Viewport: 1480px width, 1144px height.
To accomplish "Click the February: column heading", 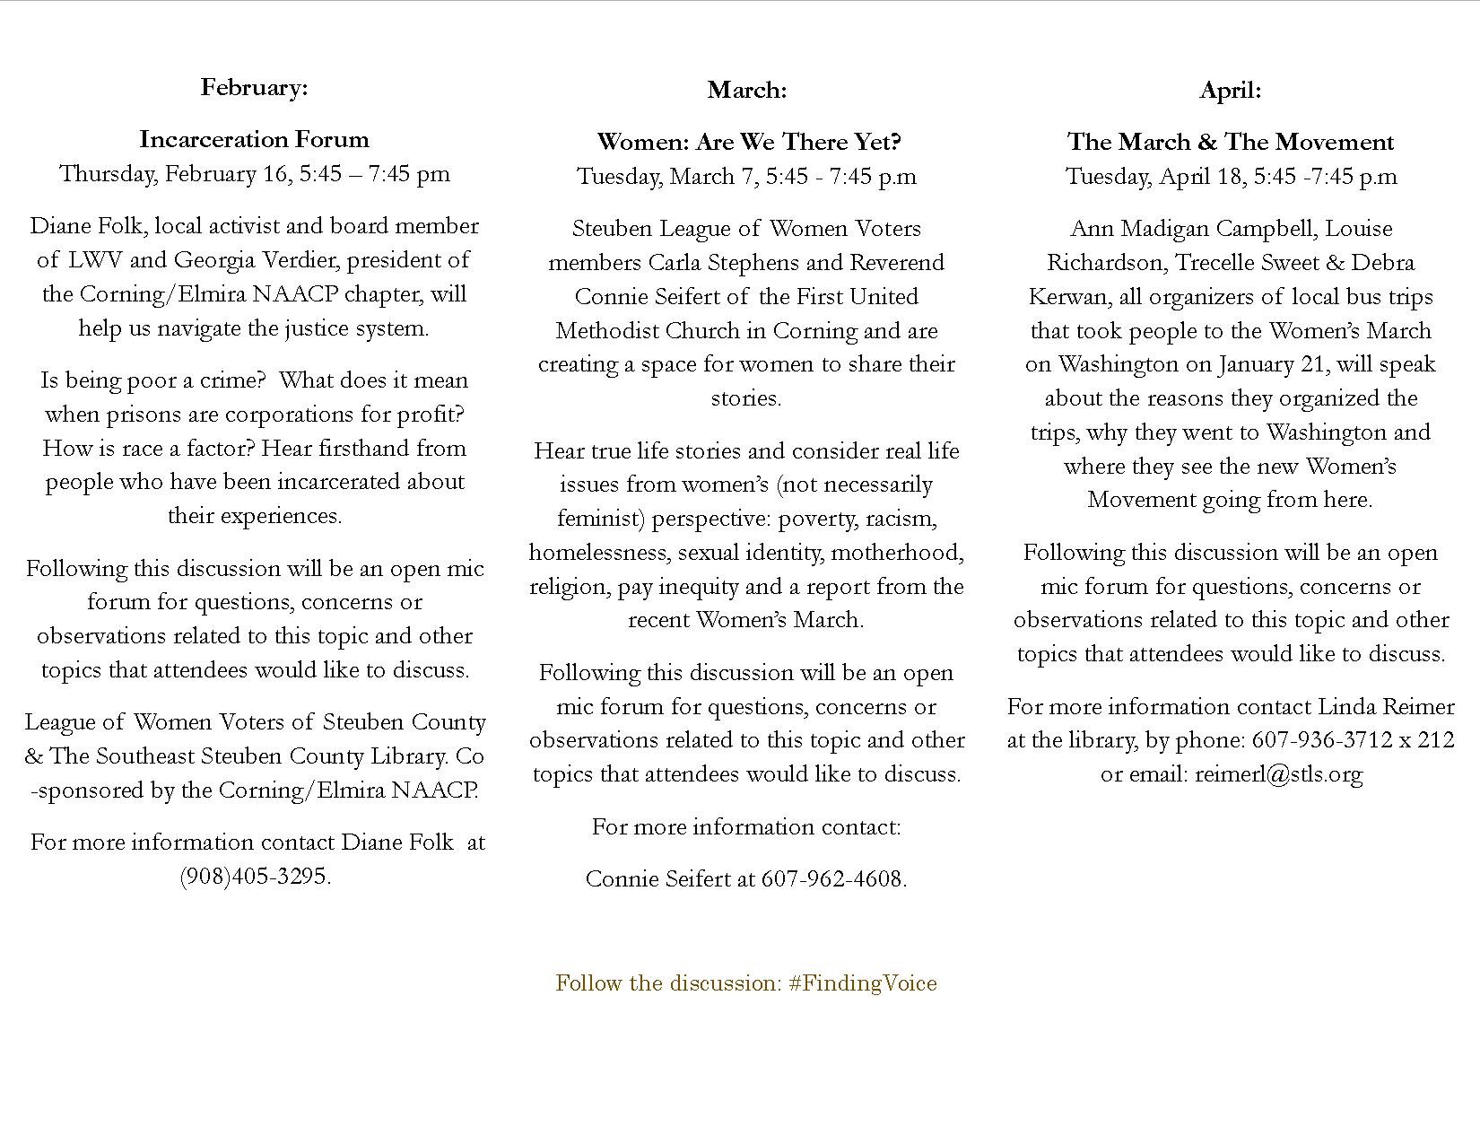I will (254, 87).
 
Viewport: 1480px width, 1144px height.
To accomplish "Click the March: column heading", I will (746, 90).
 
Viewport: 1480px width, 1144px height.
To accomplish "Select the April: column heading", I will (1230, 90).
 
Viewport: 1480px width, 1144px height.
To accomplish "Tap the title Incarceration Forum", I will (254, 139).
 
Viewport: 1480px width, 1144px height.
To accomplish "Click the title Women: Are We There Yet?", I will (748, 142).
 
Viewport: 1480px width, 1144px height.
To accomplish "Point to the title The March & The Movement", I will (1230, 142).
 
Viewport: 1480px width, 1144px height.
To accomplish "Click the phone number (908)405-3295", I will (254, 876).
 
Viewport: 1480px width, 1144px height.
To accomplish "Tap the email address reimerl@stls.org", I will (1278, 773).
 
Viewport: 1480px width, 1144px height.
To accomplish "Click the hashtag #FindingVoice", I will (863, 982).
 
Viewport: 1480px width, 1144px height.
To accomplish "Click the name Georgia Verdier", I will (255, 260).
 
